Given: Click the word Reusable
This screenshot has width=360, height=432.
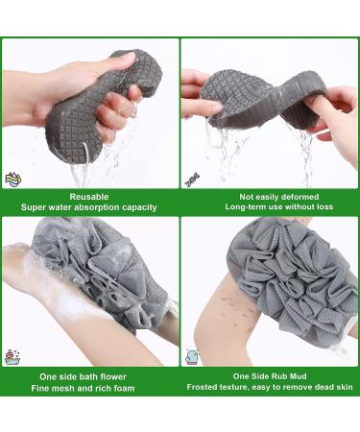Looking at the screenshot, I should tap(89, 194).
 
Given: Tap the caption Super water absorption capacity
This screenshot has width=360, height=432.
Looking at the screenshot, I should tap(89, 206).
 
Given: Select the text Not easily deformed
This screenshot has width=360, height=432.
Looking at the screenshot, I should tap(271, 194).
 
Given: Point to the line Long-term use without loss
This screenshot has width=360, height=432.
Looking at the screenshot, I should tap(271, 206).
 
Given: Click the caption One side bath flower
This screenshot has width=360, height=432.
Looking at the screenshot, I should tap(89, 376).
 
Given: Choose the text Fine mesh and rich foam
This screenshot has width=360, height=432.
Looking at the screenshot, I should tap(89, 389).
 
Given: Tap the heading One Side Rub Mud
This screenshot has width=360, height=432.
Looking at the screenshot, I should tap(271, 376).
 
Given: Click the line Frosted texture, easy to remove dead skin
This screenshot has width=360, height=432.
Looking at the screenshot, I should tap(271, 389).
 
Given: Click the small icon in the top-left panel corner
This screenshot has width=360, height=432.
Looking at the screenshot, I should tap(12, 179).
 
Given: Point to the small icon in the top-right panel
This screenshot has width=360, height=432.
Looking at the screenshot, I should tap(191, 177).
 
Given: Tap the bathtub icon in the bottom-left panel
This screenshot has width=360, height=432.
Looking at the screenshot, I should tap(12, 357).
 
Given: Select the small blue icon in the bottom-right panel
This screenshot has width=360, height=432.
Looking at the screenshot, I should tap(192, 357).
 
